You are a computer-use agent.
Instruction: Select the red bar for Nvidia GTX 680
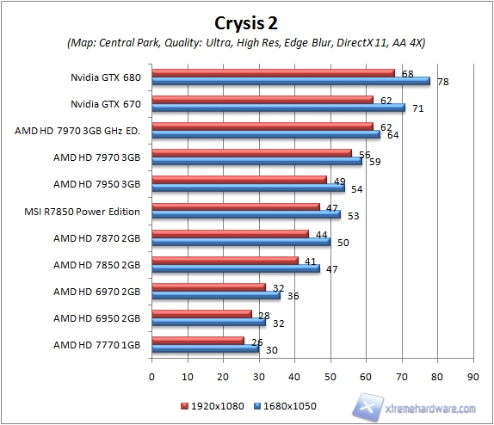tap(273, 73)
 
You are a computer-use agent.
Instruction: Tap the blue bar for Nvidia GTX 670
tap(278, 108)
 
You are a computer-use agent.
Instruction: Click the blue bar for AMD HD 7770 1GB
tap(205, 348)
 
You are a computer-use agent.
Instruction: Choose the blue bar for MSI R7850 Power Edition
tap(246, 214)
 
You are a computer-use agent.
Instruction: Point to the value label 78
tap(443, 83)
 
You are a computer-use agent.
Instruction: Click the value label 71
tap(418, 109)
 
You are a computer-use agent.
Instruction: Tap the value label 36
tap(293, 296)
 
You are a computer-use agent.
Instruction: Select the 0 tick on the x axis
tap(152, 376)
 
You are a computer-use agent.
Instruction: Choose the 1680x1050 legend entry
tap(282, 403)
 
